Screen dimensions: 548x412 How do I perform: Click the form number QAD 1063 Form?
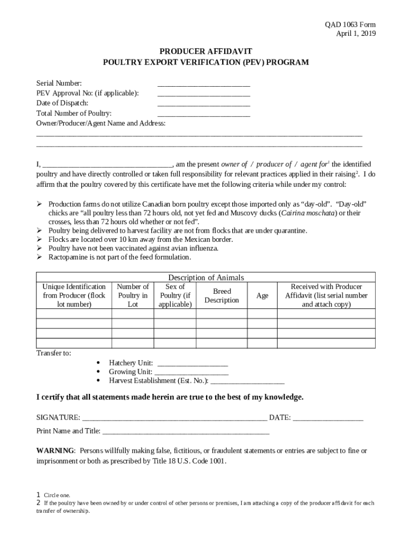click(350, 25)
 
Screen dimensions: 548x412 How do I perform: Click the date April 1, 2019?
click(355, 34)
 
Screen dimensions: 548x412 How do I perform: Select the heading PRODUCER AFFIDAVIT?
click(205, 52)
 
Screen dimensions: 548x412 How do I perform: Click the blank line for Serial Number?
click(203, 84)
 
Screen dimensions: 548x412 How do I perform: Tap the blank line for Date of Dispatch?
click(203, 104)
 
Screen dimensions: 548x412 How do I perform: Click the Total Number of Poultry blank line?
click(203, 114)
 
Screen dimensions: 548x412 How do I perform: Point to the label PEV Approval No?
click(87, 93)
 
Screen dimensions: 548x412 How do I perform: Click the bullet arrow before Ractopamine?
click(40, 257)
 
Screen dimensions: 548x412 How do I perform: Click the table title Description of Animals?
click(206, 277)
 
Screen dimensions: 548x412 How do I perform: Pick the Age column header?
click(262, 296)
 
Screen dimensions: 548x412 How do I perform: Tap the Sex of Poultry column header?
click(175, 296)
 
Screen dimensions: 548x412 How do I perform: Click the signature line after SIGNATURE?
click(175, 418)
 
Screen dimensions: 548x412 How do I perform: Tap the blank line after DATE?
click(328, 418)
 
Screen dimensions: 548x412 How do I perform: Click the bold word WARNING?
click(56, 451)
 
